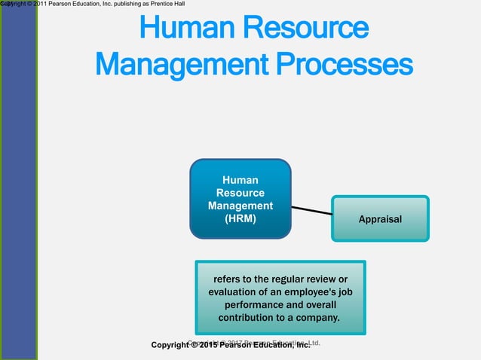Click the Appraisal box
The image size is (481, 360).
pos(381,219)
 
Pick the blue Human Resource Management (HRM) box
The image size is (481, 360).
pos(240,199)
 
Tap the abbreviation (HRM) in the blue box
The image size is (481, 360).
pos(240,219)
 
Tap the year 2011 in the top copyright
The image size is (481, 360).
pos(40,5)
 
